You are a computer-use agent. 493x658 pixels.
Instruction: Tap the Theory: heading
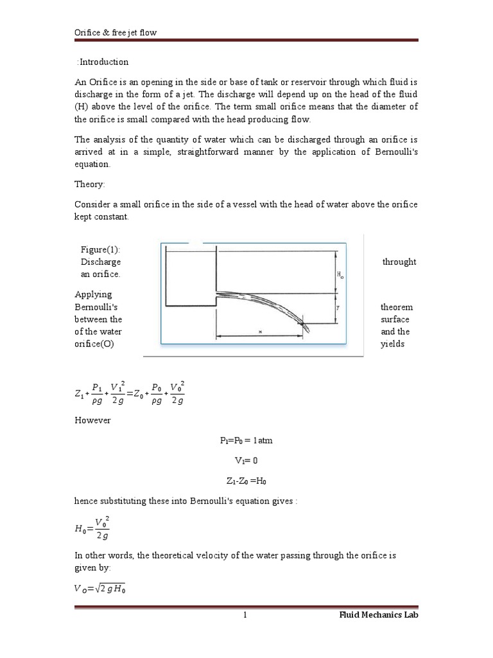(x=90, y=184)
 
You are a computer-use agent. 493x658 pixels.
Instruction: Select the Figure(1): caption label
(x=100, y=249)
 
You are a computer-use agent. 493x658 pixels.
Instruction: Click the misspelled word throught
(x=399, y=262)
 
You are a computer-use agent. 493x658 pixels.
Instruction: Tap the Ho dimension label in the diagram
(x=340, y=274)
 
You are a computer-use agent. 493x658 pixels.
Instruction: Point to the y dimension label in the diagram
(x=338, y=308)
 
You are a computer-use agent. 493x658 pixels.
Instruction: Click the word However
(x=92, y=420)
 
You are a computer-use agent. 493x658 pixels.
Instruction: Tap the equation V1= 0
(x=246, y=461)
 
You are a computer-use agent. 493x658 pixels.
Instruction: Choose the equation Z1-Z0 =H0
(x=246, y=481)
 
